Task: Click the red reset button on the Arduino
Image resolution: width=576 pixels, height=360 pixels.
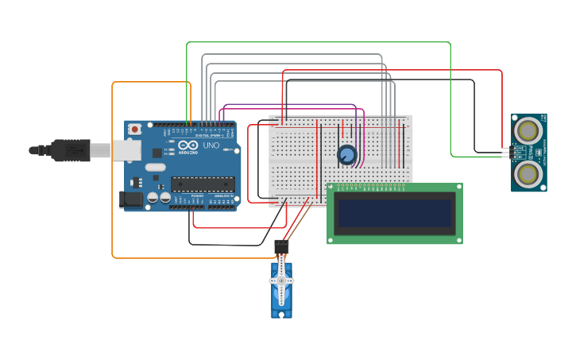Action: [135, 129]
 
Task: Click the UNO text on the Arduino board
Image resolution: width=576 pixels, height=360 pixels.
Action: [211, 146]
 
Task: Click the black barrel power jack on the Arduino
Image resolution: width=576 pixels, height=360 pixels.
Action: [130, 199]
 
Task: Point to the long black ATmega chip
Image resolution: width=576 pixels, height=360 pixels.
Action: [203, 184]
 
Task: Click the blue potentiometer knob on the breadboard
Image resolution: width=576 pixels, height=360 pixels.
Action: [347, 155]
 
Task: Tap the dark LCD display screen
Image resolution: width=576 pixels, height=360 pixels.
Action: [395, 213]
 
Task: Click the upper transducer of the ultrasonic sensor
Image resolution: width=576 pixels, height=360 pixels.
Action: [528, 130]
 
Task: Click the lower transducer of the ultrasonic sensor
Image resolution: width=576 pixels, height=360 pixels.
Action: [528, 172]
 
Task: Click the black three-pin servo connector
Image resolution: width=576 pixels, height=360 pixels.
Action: [281, 247]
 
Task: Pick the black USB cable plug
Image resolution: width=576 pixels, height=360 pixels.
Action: [72, 149]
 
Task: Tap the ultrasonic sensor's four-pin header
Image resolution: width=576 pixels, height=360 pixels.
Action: [506, 151]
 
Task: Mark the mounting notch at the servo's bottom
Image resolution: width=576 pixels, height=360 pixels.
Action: [281, 315]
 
